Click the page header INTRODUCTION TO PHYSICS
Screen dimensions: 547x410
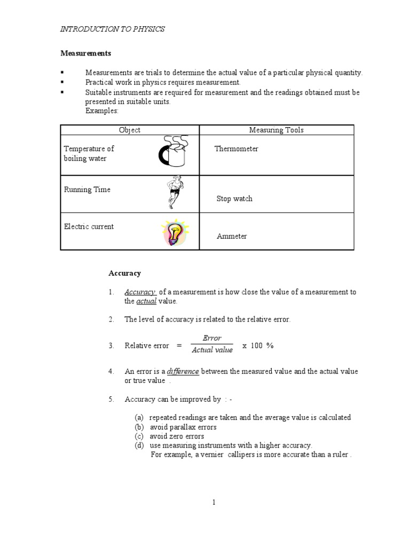pos(112,29)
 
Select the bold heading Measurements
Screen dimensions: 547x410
pos(85,53)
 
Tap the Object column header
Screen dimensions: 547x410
pos(130,130)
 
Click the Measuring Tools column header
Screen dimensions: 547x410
pos(276,130)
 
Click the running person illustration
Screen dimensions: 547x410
pos(175,193)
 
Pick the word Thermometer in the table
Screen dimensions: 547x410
pos(236,149)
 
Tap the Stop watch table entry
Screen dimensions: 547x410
pos(234,199)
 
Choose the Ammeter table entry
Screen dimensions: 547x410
pos(232,236)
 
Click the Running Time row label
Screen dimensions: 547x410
pos(87,190)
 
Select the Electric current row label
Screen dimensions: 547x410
pos(89,226)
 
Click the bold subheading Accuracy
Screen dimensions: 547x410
pos(124,273)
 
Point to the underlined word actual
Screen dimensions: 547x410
pos(146,301)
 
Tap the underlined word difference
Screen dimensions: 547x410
pos(183,371)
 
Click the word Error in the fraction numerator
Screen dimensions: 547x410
pos(212,339)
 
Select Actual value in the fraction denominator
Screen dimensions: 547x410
pos(212,350)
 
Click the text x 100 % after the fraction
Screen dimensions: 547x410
pos(258,346)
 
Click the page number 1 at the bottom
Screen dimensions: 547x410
pos(213,502)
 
